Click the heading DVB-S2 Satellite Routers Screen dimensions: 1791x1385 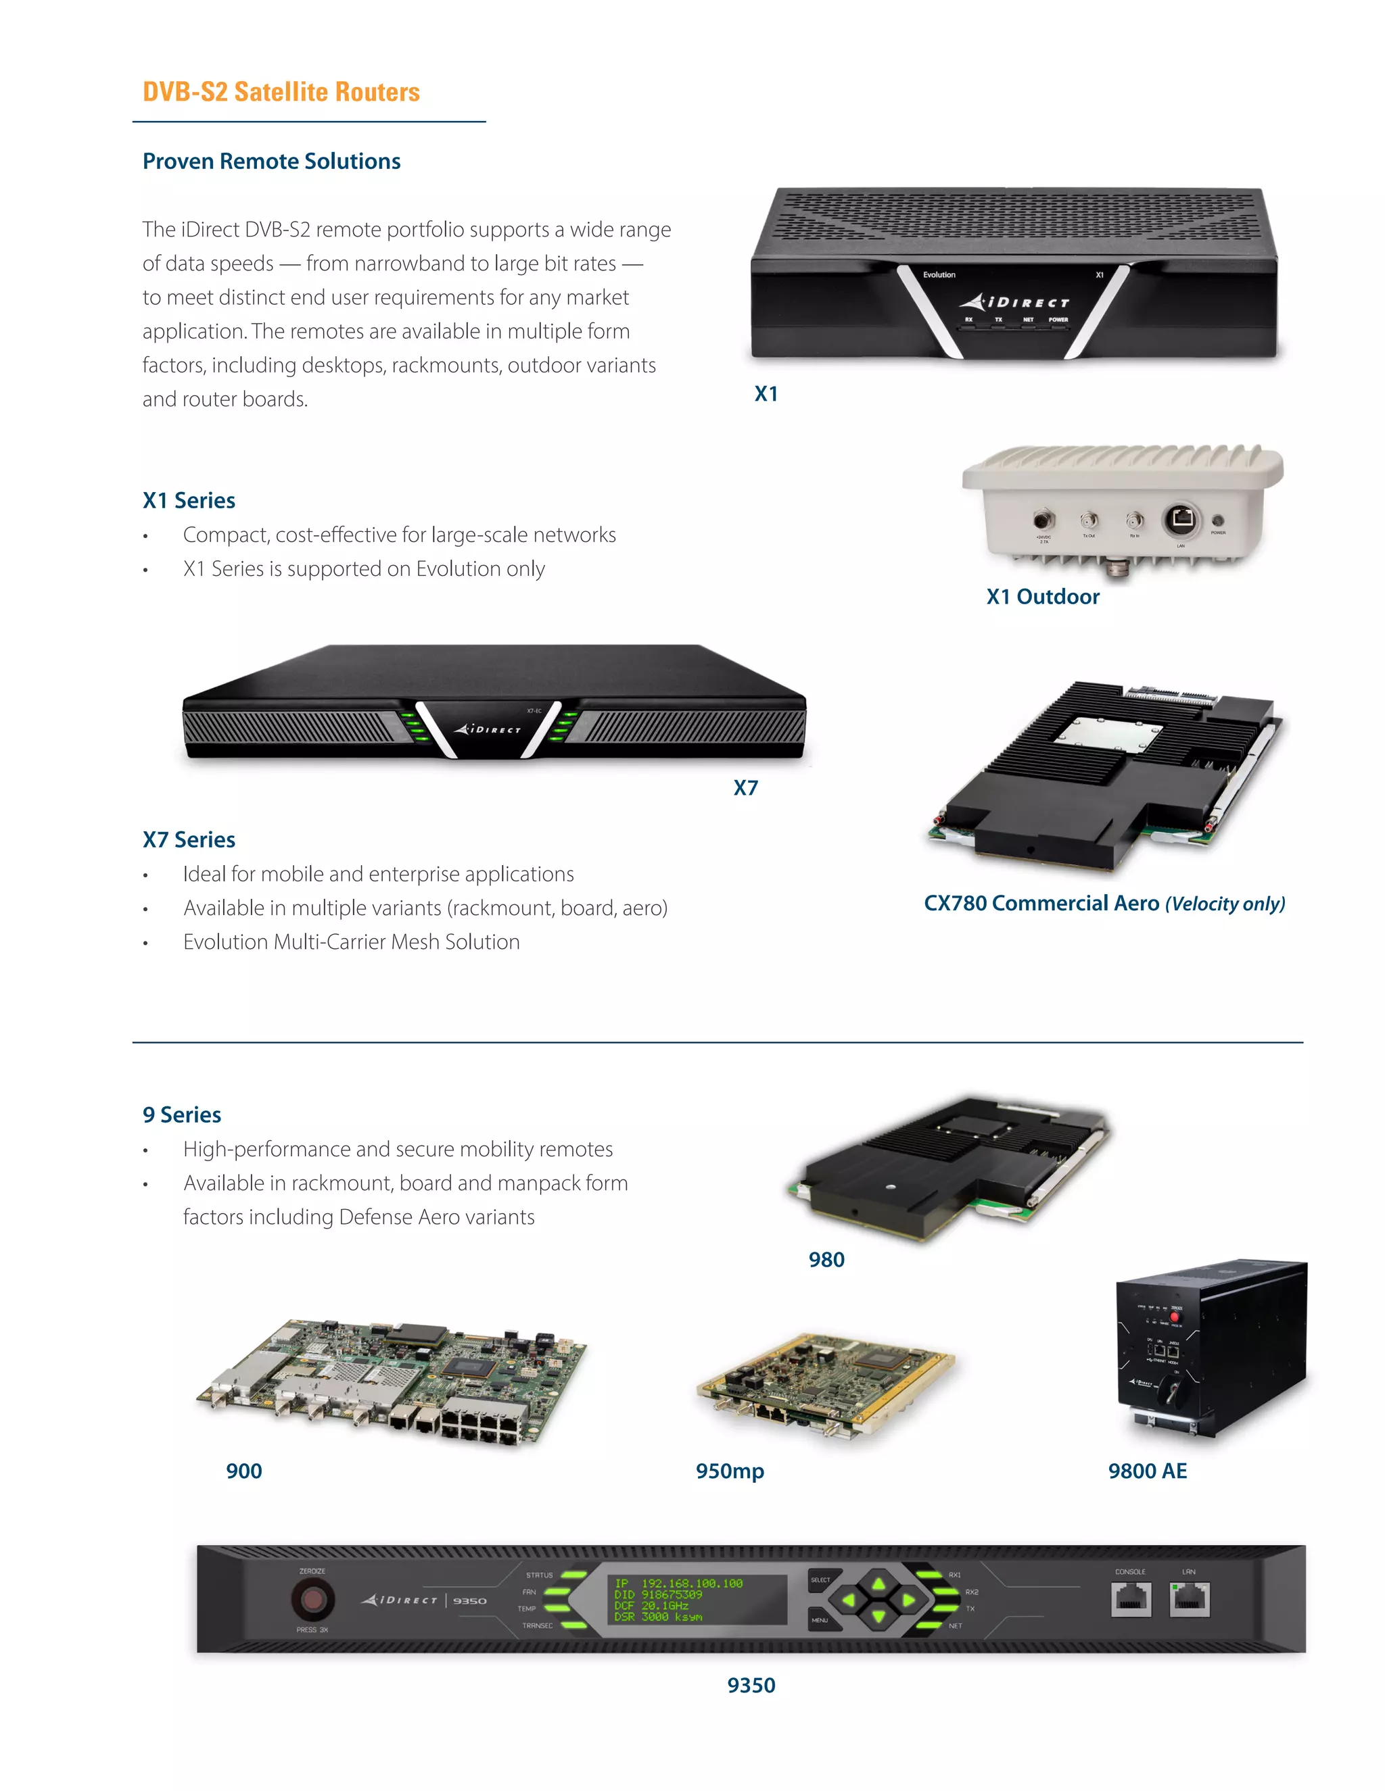(x=281, y=92)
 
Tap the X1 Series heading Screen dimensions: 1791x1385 (x=189, y=500)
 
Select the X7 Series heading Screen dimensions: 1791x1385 (x=189, y=839)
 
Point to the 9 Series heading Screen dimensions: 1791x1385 (x=181, y=1114)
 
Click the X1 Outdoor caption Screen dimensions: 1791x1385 (x=1042, y=596)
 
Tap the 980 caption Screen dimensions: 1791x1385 (x=826, y=1260)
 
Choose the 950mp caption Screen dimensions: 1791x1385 (x=730, y=1471)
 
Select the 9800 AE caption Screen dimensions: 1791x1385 (x=1147, y=1471)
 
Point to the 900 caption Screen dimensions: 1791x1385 (x=243, y=1471)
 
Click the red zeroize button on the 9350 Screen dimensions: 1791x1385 (x=312, y=1599)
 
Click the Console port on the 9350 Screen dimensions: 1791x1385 (x=1131, y=1599)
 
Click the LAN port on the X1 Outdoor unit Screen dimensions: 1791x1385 (x=1181, y=518)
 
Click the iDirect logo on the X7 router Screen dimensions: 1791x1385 (x=488, y=728)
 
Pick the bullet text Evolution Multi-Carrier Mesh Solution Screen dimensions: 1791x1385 (x=351, y=941)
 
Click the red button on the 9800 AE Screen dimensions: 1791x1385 (x=1174, y=1317)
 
